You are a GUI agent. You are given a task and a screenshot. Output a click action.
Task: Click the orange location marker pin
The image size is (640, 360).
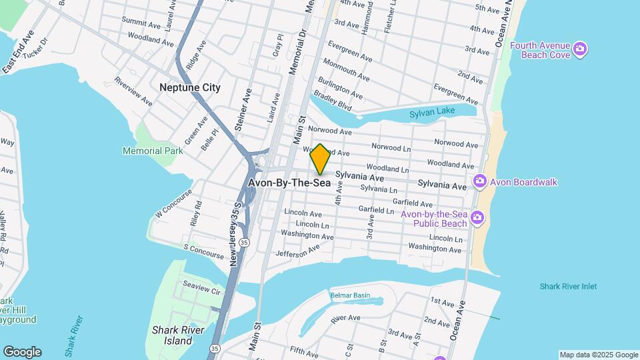click(x=320, y=159)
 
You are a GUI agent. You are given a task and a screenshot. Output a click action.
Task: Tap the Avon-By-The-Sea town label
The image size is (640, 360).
click(x=289, y=182)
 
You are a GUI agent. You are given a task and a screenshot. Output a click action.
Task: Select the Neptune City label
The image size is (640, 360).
click(x=190, y=87)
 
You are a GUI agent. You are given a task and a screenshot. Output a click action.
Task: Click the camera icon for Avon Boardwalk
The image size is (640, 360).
click(x=479, y=182)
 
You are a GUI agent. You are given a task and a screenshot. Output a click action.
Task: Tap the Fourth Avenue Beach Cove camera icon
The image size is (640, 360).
click(x=580, y=49)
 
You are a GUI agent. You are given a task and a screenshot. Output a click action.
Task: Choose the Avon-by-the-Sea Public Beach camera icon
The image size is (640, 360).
click(x=477, y=218)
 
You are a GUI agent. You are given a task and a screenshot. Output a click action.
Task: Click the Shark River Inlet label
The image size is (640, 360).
click(x=568, y=287)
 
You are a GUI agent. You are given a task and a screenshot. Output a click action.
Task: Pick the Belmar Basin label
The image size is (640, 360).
click(x=349, y=295)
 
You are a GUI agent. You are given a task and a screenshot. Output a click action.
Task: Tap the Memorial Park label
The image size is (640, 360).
click(x=153, y=151)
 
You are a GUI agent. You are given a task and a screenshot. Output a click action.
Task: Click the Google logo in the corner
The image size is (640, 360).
click(x=22, y=352)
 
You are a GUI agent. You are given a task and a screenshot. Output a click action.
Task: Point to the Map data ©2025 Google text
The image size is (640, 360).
click(x=598, y=355)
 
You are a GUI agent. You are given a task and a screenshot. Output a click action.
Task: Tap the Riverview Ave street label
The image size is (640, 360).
click(x=133, y=91)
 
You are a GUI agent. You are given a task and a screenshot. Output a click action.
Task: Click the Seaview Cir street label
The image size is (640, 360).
click(x=201, y=291)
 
